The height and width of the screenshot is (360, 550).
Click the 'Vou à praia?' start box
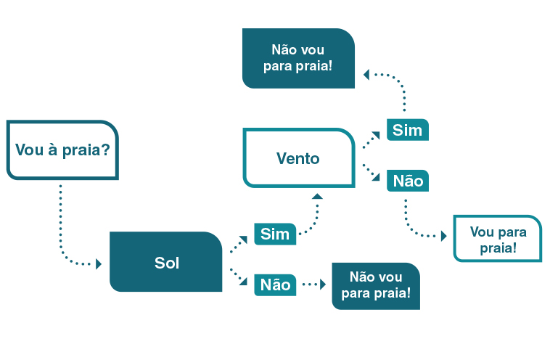pos(62,150)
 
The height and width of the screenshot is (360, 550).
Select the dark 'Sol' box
pos(166,262)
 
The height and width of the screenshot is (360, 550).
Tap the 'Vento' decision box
pos(299,158)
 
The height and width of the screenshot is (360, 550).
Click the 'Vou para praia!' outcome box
pos(498,239)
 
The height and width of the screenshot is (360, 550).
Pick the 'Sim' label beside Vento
pos(408,130)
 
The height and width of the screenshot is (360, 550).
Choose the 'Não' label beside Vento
pos(408,181)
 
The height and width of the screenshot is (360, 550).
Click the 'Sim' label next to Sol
pos(275,234)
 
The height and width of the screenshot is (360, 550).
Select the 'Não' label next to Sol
pos(275,285)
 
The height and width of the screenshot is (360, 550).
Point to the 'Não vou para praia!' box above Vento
pos(298,58)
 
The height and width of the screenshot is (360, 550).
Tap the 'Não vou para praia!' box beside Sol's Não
pos(376,286)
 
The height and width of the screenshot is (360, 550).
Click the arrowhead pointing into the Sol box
pos(99,264)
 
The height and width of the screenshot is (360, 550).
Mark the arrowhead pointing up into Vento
pos(317,196)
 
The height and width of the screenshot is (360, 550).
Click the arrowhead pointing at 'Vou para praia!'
pos(444,236)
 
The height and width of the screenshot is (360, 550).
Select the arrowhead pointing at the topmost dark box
pos(366,74)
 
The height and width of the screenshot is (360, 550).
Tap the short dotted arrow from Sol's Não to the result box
pos(314,285)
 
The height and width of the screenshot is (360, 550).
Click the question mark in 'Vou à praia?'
pos(106,150)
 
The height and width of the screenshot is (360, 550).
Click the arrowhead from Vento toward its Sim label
pos(377,135)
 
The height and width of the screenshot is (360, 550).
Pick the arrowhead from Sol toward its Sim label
pos(244,240)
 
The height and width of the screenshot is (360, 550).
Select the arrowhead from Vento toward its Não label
pos(377,177)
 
